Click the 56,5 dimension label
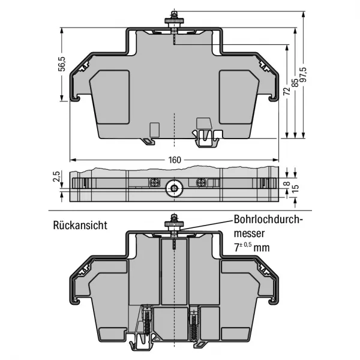pyautogui.click(x=62, y=64)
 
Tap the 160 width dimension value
pyautogui.click(x=175, y=160)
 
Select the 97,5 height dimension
pyautogui.click(x=304, y=74)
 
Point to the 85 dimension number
pyautogui.click(x=295, y=83)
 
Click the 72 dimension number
pyautogui.click(x=287, y=91)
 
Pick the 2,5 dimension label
pyautogui.click(x=56, y=176)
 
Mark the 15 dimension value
pyautogui.click(x=296, y=188)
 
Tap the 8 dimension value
pyautogui.click(x=287, y=184)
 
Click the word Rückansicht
pyautogui.click(x=80, y=225)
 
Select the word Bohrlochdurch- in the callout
pyautogui.click(x=268, y=220)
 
